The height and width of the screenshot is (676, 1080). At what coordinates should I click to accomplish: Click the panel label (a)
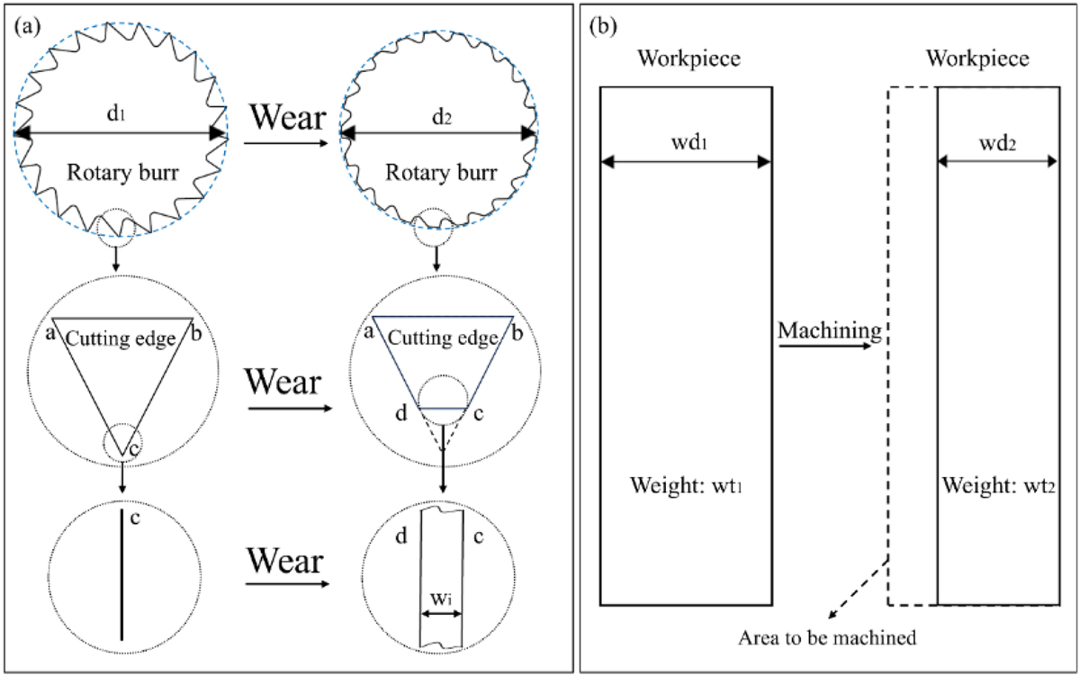[x=26, y=26]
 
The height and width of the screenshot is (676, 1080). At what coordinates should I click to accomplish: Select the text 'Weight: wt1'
[x=685, y=488]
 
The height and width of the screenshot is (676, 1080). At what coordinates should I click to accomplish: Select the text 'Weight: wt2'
[x=997, y=488]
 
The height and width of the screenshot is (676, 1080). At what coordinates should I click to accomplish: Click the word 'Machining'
[x=829, y=330]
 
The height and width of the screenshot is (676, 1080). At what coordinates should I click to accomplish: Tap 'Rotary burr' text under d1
[x=121, y=170]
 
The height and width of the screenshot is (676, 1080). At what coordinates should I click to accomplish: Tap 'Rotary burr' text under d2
[x=438, y=170]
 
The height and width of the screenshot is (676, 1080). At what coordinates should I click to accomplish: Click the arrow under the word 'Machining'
[x=829, y=343]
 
